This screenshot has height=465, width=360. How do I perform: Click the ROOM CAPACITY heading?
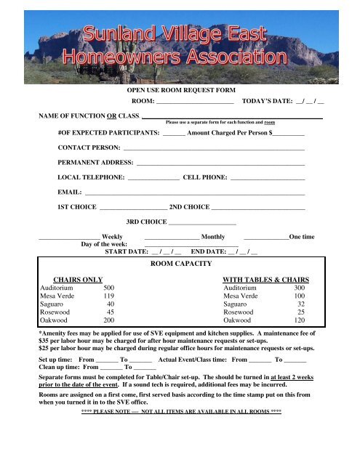click(x=179, y=265)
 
